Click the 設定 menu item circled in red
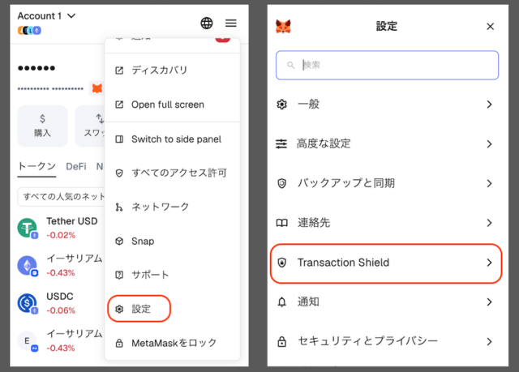(x=139, y=309)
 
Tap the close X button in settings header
(x=490, y=27)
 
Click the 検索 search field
(x=388, y=65)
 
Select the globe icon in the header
(x=206, y=24)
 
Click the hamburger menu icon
(x=231, y=24)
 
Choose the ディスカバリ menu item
(x=159, y=71)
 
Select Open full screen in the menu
(x=167, y=105)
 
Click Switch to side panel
(x=176, y=139)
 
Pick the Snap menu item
(x=142, y=241)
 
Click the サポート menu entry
(x=150, y=275)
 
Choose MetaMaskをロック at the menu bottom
(x=174, y=343)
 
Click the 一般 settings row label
(x=309, y=105)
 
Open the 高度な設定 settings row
(x=324, y=143)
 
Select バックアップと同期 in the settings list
(x=345, y=183)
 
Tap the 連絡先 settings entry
(x=314, y=222)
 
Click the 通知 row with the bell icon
(x=308, y=301)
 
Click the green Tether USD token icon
(x=27, y=228)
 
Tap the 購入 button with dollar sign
(x=42, y=126)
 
